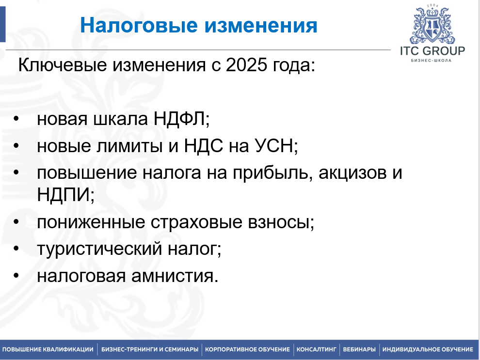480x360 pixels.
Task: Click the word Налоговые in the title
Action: coord(139,25)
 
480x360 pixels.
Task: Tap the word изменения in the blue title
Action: coord(261,25)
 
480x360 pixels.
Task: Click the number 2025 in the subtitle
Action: coord(246,65)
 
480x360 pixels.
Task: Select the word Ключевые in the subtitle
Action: coord(63,65)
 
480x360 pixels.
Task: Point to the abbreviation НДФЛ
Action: coord(179,119)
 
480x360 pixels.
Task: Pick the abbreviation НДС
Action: coord(203,145)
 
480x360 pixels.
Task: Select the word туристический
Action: coord(99,249)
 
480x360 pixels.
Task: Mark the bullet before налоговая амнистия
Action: coord(16,275)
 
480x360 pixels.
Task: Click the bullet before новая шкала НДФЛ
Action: coord(16,118)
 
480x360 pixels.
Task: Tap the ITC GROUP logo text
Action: coord(432,51)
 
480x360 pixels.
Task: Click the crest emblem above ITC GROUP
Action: coord(432,25)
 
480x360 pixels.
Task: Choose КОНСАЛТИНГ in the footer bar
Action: coord(316,349)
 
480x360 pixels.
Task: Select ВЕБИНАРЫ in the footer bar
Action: coord(359,349)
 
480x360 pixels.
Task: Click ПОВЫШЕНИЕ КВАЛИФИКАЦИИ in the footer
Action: coord(48,349)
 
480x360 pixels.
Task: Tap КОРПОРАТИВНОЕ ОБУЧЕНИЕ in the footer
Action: coord(247,349)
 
